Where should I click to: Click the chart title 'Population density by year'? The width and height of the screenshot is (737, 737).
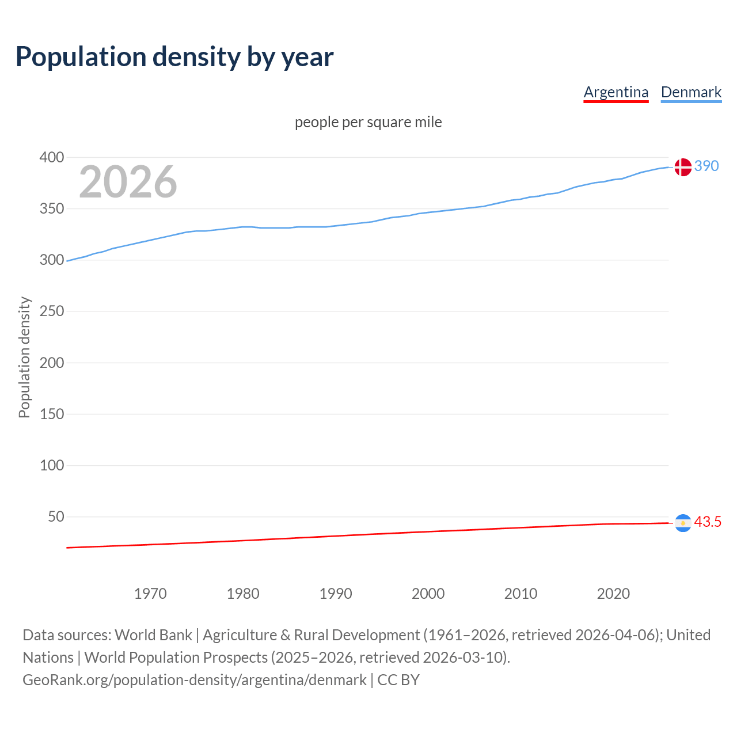coord(174,57)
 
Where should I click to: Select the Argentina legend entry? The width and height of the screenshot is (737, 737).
coord(616,92)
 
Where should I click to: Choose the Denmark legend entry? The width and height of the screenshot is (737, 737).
coord(691,92)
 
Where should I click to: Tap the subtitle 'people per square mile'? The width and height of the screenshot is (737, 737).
coord(368,123)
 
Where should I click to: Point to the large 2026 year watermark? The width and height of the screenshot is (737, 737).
coord(128,182)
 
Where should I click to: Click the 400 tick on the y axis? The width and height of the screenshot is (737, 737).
coord(52,157)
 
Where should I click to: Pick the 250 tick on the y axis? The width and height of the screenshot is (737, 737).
coord(52,311)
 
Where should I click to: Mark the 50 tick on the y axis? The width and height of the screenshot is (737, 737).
coord(56,517)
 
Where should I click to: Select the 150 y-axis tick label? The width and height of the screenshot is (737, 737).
coord(52,414)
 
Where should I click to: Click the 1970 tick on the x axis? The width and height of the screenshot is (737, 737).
coord(150,594)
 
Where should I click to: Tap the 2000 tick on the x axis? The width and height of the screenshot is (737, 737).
coord(428,594)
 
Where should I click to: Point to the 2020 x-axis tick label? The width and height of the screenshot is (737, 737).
coord(613,594)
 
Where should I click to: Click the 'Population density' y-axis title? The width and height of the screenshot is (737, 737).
coord(24,357)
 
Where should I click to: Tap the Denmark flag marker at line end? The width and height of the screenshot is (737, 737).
coord(683,167)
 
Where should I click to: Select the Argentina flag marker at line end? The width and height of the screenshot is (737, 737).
coord(683,523)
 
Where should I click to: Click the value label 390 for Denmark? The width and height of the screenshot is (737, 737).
coord(706,166)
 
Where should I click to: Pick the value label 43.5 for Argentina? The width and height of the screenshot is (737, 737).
coord(708,522)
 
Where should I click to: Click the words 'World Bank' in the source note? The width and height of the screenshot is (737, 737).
coord(153,635)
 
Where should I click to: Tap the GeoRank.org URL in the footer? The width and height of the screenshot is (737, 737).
coord(194,680)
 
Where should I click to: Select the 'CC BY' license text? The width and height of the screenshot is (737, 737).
coord(398,680)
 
